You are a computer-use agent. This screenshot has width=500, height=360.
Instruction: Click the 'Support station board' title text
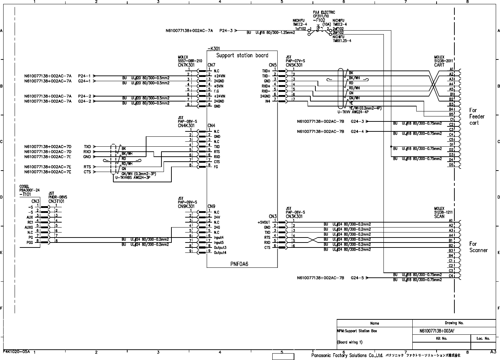click(x=242, y=55)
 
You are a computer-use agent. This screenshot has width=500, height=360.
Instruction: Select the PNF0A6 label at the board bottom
click(x=239, y=264)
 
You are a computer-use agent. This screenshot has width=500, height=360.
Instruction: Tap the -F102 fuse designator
click(x=319, y=20)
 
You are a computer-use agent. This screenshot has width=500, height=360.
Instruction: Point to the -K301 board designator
click(x=213, y=49)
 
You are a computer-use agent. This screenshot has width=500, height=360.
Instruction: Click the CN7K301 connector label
click(x=186, y=65)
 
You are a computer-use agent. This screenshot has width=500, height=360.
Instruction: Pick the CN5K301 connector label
click(x=294, y=65)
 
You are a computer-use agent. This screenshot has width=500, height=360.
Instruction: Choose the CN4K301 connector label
click(x=186, y=126)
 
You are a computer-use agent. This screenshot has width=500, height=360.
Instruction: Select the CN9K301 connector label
click(x=186, y=207)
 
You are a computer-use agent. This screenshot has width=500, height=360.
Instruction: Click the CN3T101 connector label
click(x=57, y=201)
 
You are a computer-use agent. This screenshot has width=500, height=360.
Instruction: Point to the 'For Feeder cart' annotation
click(x=476, y=116)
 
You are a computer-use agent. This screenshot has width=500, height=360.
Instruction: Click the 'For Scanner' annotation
click(x=478, y=247)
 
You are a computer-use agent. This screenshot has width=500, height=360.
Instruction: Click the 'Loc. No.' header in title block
click(x=483, y=338)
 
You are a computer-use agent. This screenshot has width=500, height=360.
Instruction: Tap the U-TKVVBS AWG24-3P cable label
click(x=132, y=177)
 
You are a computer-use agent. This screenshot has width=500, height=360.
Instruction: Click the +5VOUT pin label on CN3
click(x=264, y=222)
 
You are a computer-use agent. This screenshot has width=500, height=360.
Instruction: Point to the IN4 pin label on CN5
click(x=267, y=101)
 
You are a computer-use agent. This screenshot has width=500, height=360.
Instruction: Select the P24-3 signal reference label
click(x=226, y=31)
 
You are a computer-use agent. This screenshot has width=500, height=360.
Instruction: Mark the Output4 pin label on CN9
click(x=220, y=252)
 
